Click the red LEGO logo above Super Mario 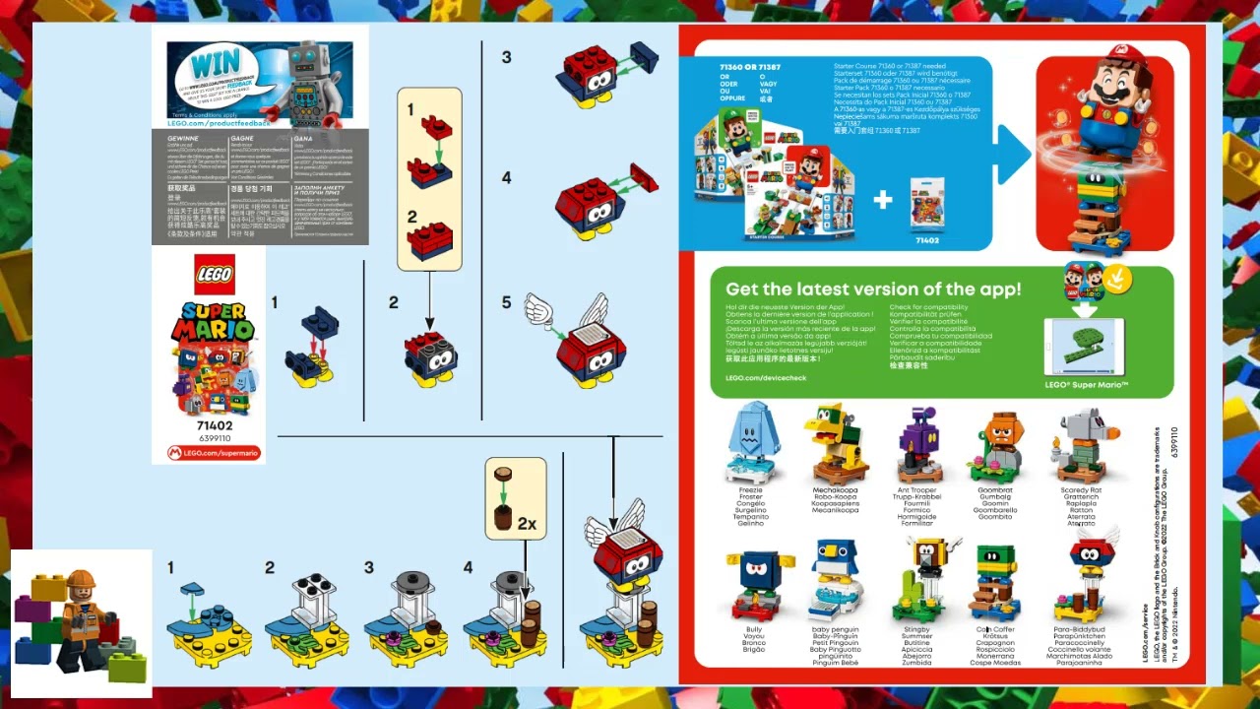[214, 275]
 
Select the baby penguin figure [836, 582]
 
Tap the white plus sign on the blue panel [882, 200]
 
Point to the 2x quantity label [527, 524]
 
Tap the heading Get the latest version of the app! [873, 290]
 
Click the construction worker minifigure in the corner [83, 620]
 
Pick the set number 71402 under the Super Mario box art [214, 425]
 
